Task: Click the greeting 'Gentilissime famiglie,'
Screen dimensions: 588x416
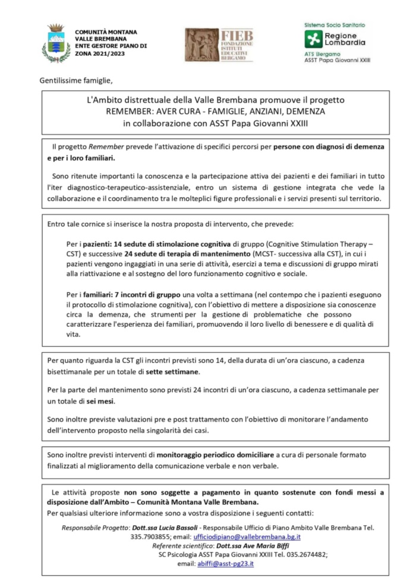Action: [x=75, y=80]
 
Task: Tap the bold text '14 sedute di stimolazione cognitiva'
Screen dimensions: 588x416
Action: [x=162, y=244]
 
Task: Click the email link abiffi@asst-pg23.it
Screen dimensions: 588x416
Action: [x=225, y=564]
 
